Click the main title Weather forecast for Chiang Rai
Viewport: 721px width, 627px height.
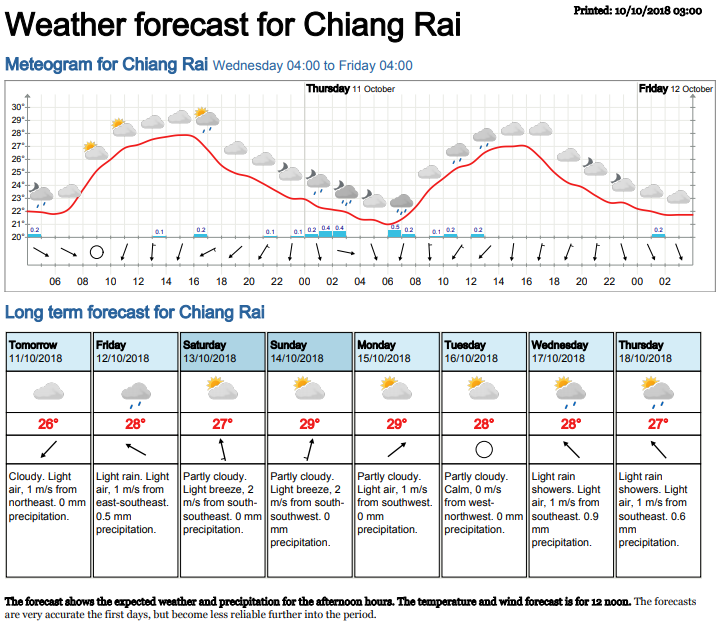[x=233, y=25]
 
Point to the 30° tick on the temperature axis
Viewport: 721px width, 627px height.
[x=17, y=107]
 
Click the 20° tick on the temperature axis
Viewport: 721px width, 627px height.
[x=17, y=237]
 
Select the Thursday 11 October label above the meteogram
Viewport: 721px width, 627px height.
[x=350, y=89]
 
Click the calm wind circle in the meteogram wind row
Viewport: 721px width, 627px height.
[x=97, y=252]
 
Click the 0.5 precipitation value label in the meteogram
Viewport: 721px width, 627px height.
[x=394, y=227]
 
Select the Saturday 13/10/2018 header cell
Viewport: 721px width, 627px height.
[x=222, y=351]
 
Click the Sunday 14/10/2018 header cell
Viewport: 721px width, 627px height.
[x=309, y=351]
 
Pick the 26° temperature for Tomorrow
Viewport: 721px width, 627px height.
[x=48, y=423]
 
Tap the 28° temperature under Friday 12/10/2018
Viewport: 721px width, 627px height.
[x=135, y=423]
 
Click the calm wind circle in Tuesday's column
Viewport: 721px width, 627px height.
[x=484, y=449]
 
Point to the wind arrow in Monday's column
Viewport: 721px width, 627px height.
[x=397, y=449]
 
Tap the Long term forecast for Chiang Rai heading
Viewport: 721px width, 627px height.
[x=134, y=312]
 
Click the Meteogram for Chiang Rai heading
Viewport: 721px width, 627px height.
[x=106, y=65]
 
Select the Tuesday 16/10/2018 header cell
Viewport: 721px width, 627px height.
[x=484, y=351]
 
